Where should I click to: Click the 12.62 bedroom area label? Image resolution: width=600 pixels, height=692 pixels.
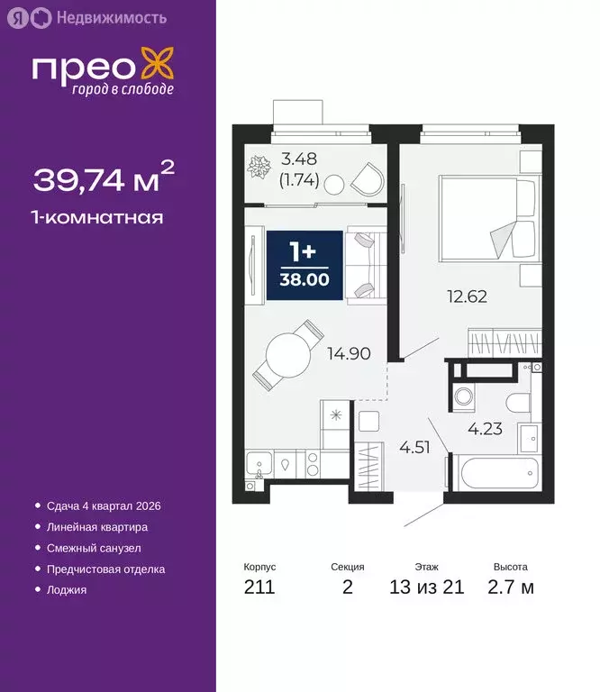pyautogui.click(x=468, y=296)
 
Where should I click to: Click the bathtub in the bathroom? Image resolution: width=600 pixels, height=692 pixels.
pyautogui.click(x=494, y=475)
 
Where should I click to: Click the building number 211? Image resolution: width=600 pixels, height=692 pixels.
pyautogui.click(x=259, y=588)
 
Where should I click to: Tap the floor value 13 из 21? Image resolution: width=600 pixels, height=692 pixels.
pyautogui.click(x=427, y=588)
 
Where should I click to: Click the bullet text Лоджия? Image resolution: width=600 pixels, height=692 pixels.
pyautogui.click(x=67, y=590)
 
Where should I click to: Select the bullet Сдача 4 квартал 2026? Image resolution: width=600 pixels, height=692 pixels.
pyautogui.click(x=103, y=506)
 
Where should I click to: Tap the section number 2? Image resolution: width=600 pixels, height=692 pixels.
pyautogui.click(x=348, y=588)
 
